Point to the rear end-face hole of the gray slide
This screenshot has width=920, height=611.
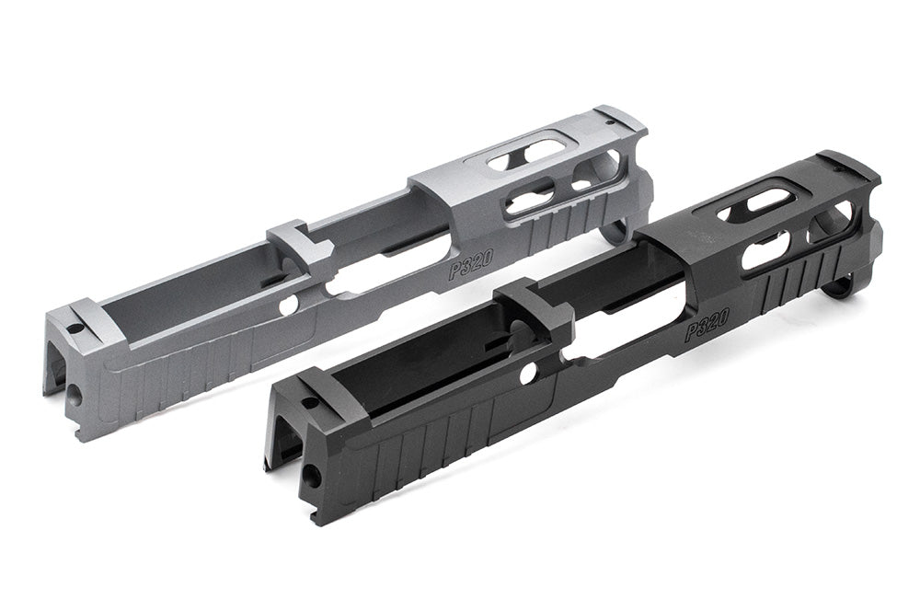[73, 393]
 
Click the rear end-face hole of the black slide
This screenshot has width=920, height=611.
[313, 477]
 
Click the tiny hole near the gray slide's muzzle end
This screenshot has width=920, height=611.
[608, 120]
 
